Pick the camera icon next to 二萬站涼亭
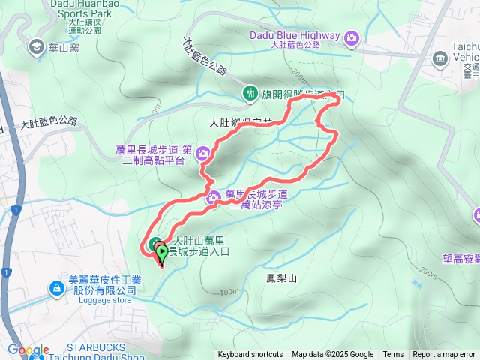point(214,197)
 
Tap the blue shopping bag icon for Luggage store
point(57,288)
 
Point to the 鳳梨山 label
point(282,278)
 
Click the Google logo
point(28,350)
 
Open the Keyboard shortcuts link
point(250,355)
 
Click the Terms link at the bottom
point(393,355)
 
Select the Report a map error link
point(444,355)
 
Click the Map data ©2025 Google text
point(332,355)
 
